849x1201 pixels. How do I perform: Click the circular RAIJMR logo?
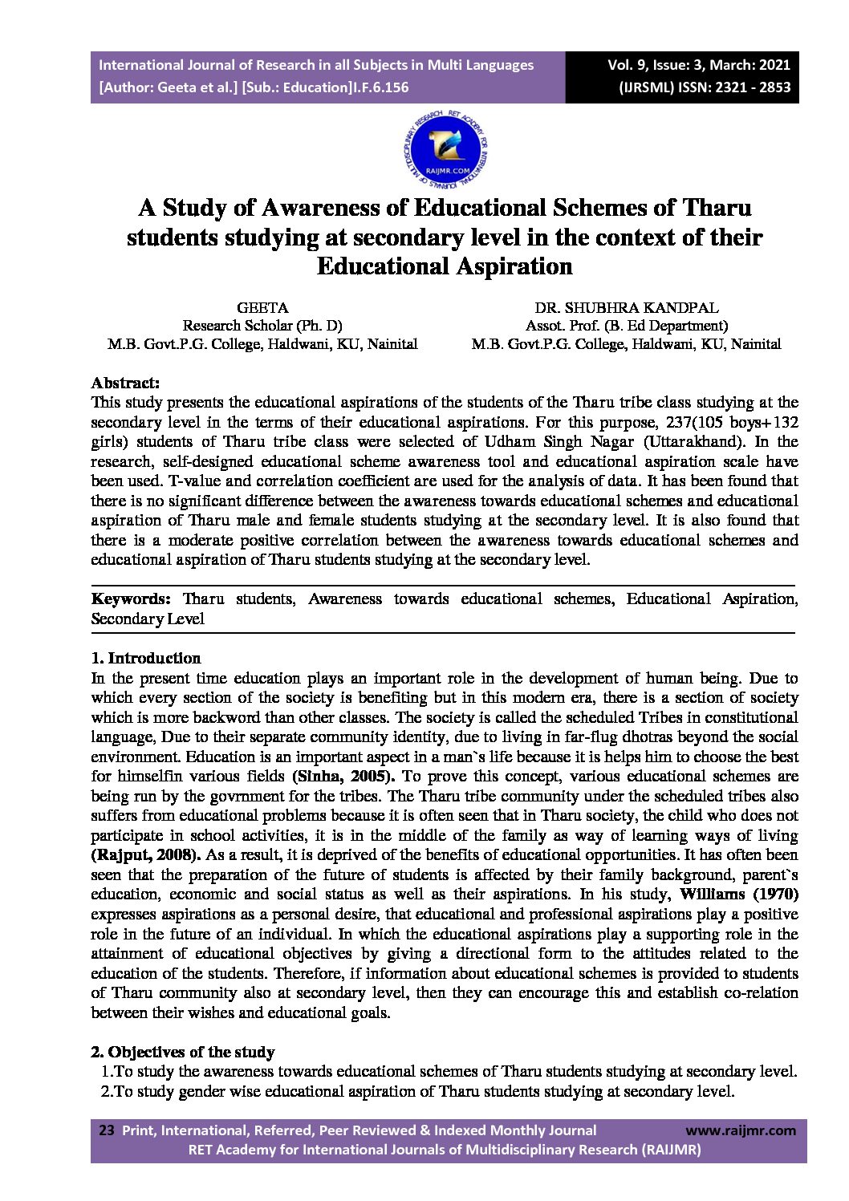pyautogui.click(x=446, y=151)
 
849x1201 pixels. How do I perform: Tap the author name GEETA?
pyautogui.click(x=262, y=307)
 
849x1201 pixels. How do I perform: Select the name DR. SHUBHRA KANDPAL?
pyautogui.click(x=626, y=307)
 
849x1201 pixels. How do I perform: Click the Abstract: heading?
pyautogui.click(x=125, y=383)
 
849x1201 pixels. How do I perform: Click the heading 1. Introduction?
pyautogui.click(x=146, y=658)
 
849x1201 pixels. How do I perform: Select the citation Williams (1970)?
pyautogui.click(x=738, y=894)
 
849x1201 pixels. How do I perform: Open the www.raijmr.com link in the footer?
pyautogui.click(x=741, y=1130)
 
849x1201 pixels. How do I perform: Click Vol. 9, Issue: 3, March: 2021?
pyautogui.click(x=698, y=65)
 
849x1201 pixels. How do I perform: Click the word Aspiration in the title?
pyautogui.click(x=514, y=266)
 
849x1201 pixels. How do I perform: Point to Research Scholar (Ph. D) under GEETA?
pyautogui.click(x=262, y=326)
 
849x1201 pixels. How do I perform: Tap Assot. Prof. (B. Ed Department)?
pyautogui.click(x=626, y=326)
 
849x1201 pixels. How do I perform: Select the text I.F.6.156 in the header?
pyautogui.click(x=380, y=87)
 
